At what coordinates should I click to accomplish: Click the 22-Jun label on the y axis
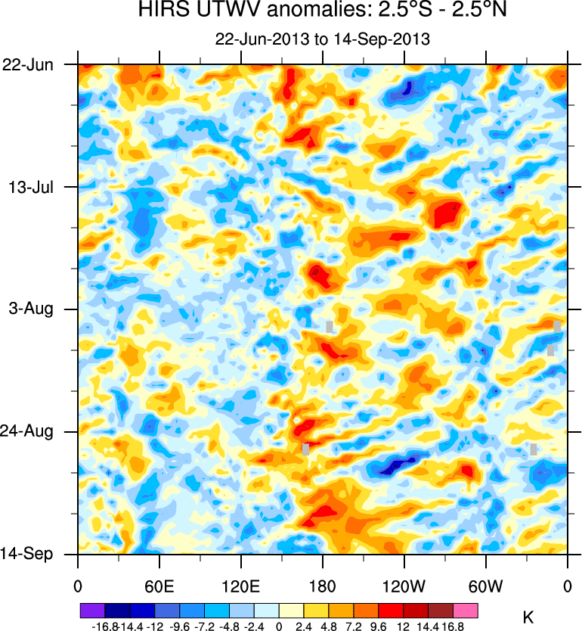click(x=28, y=65)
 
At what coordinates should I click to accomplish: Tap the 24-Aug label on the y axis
click(x=29, y=432)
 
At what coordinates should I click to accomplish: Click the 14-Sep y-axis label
click(x=27, y=555)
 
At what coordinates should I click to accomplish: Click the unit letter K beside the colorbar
click(x=528, y=617)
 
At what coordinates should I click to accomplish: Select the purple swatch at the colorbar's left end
click(x=91, y=610)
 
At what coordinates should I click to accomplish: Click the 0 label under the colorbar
click(x=279, y=626)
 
